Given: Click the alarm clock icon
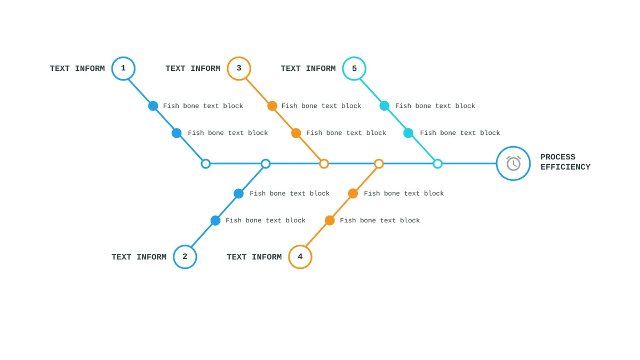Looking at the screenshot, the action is click(x=514, y=163).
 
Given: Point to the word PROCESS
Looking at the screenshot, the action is click(x=558, y=157).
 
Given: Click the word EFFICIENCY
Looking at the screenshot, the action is click(x=565, y=167).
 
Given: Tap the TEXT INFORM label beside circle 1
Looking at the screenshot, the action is click(x=77, y=69).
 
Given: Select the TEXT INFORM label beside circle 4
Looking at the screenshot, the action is click(x=254, y=257).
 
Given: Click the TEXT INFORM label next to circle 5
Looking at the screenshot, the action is click(x=308, y=69).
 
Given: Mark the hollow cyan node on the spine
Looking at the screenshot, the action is click(x=438, y=164).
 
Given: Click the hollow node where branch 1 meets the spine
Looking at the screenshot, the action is click(x=206, y=164).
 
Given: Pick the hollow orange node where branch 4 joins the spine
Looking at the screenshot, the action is click(x=379, y=164).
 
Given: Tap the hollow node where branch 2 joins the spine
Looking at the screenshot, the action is click(x=266, y=164).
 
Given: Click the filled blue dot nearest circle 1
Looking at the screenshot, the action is click(x=153, y=106).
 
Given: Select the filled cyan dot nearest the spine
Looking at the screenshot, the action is click(x=409, y=133).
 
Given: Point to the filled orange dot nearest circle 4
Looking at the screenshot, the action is click(x=330, y=220).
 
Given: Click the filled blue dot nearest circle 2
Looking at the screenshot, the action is click(x=215, y=220).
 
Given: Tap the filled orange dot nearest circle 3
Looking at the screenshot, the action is click(x=273, y=106).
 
